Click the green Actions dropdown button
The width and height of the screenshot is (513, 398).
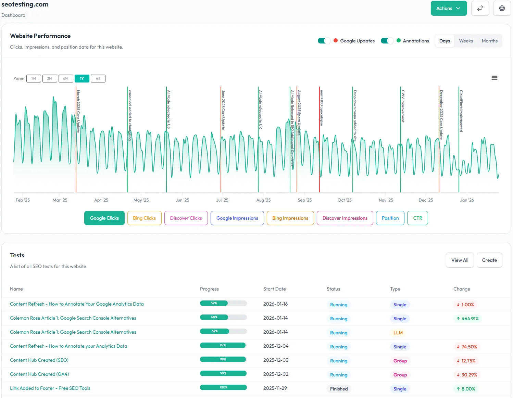449,8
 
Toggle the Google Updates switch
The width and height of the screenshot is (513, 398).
324,41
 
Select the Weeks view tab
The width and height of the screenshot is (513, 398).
466,41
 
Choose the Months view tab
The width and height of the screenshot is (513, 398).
489,41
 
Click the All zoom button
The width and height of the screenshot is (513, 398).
98,79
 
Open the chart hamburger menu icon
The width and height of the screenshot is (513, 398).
494,78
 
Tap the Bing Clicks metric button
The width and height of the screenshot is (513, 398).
144,218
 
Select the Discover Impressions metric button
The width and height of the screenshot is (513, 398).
345,218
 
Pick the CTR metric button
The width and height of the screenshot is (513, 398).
417,218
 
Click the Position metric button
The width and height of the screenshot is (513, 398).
390,218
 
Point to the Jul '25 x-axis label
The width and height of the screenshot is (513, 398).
222,200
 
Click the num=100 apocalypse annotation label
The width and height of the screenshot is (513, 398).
322,108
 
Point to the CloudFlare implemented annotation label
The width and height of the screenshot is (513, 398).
461,111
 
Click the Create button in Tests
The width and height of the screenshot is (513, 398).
489,260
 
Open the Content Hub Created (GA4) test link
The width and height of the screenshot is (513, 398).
39,374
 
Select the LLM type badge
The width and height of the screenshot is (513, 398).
398,333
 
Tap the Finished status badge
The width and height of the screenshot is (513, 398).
339,389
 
